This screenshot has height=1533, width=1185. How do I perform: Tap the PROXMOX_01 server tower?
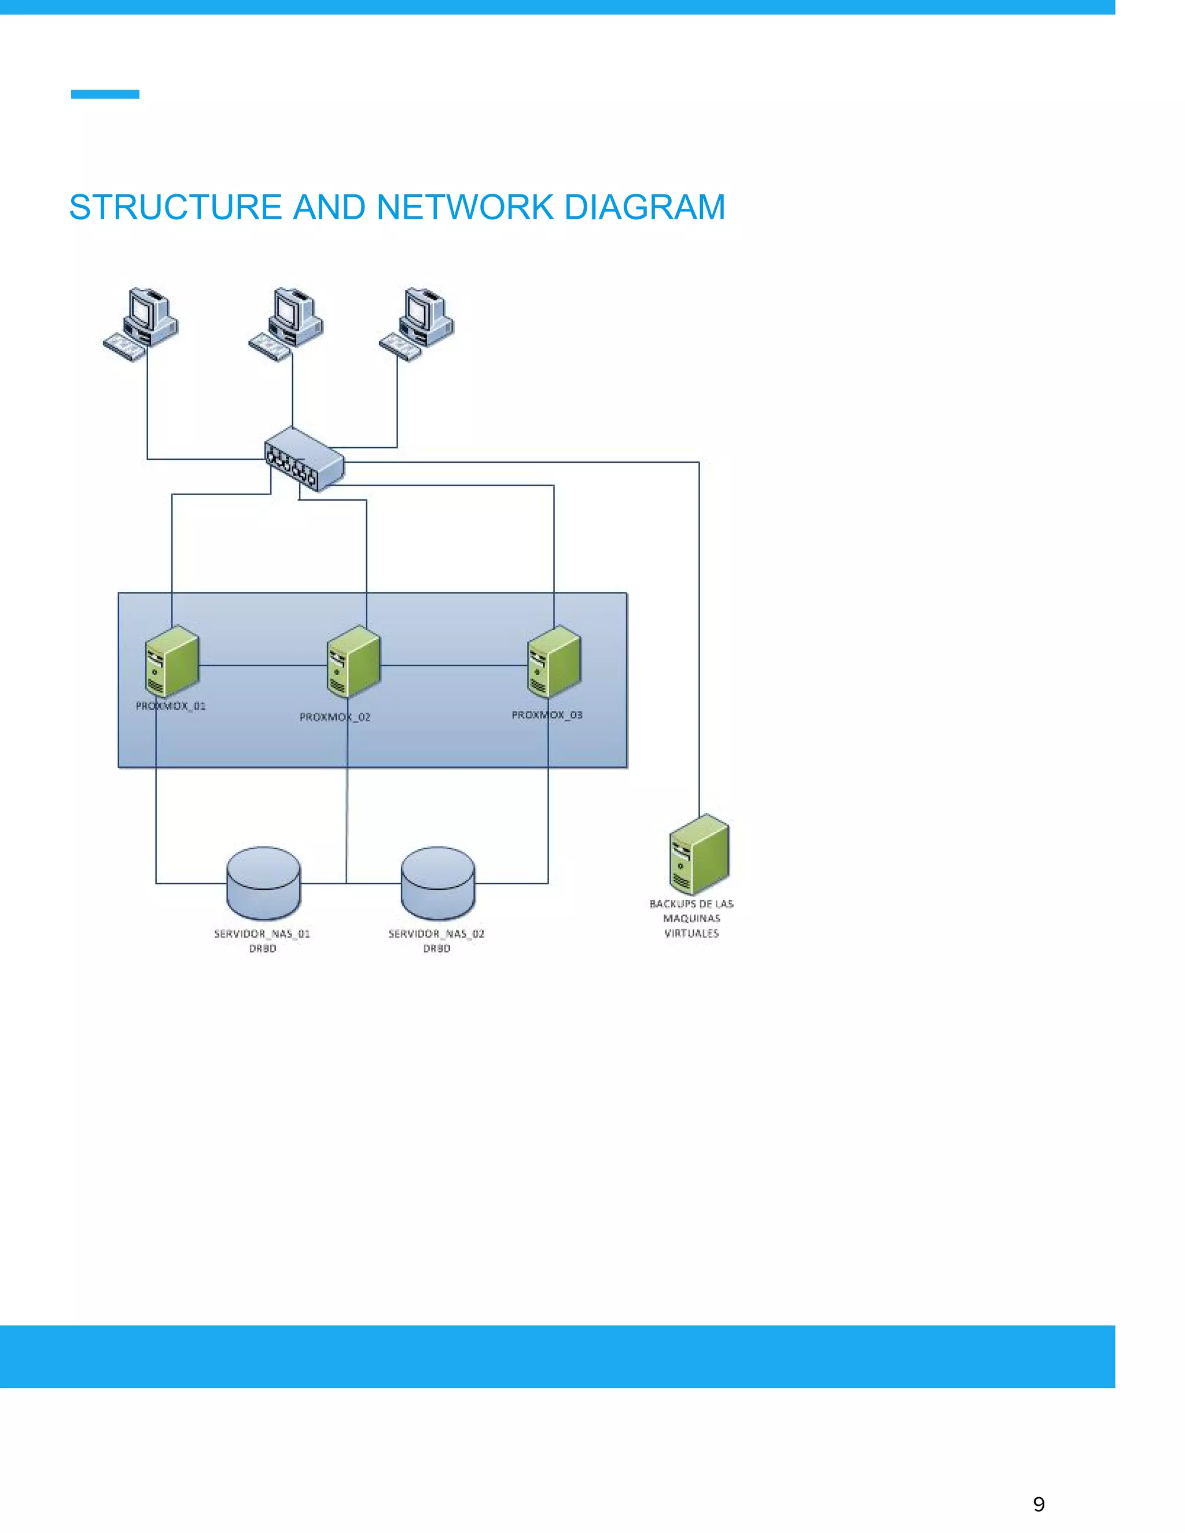tap(171, 661)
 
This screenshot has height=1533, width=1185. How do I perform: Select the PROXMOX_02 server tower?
tap(353, 662)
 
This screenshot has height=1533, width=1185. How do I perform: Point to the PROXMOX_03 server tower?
tap(554, 661)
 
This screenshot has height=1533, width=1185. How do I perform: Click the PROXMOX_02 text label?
tap(335, 717)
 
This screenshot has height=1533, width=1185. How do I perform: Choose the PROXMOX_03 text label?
tap(547, 715)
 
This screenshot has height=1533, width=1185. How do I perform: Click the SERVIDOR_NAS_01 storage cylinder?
tap(264, 883)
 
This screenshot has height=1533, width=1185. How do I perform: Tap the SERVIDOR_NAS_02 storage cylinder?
tap(438, 883)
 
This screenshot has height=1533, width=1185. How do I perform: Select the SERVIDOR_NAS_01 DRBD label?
tap(262, 941)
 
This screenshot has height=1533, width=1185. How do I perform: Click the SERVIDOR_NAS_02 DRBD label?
tap(437, 941)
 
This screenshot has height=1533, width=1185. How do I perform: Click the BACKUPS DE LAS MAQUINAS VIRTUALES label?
tap(691, 918)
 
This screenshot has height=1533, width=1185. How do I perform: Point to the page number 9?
tap(1039, 1504)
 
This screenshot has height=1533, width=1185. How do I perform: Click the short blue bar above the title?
tap(105, 94)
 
